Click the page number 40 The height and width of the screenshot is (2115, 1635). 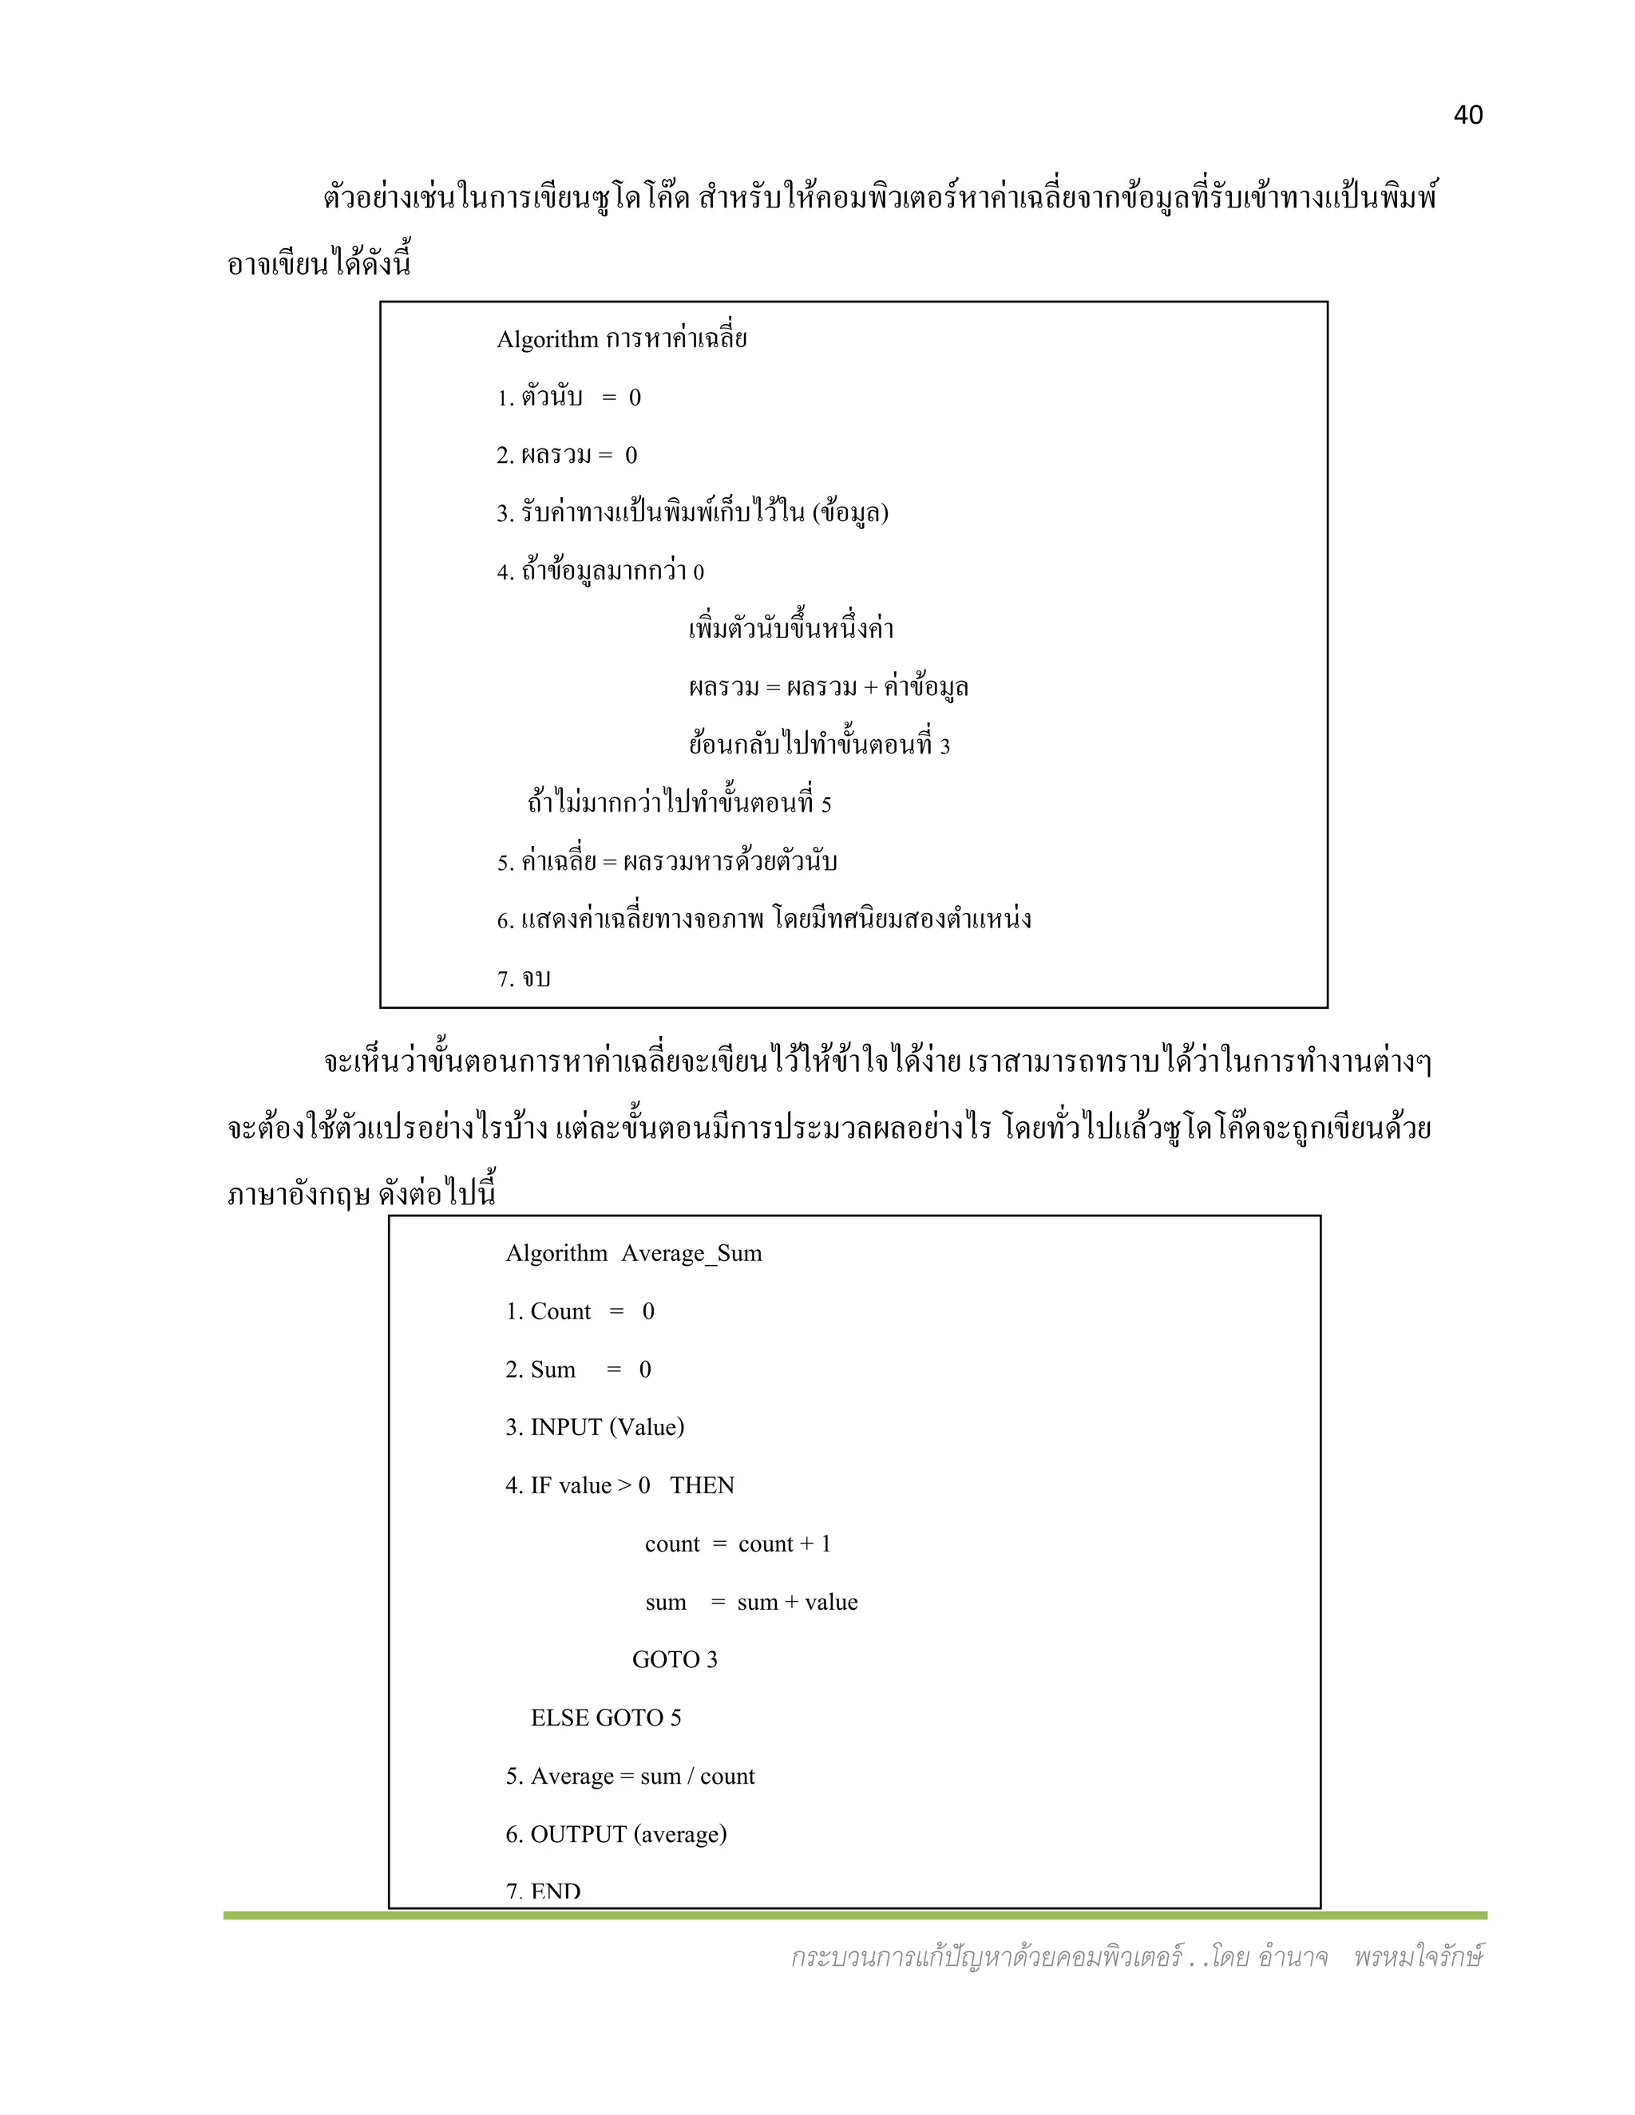(1467, 115)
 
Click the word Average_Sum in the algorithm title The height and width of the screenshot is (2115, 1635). (691, 1253)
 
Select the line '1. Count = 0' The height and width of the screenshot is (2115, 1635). (580, 1311)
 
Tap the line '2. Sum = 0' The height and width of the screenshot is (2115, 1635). (577, 1370)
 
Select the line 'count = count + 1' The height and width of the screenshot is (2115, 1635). (737, 1544)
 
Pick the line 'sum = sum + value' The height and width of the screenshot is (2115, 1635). (750, 1602)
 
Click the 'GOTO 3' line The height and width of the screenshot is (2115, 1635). (674, 1660)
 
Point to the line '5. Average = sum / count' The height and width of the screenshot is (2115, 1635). (630, 1776)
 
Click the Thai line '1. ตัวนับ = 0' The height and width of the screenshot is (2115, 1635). (568, 397)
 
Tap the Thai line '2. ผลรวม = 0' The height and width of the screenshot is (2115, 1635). (567, 455)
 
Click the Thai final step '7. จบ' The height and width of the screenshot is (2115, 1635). (523, 978)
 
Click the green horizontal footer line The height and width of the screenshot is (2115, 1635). (854, 1915)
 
